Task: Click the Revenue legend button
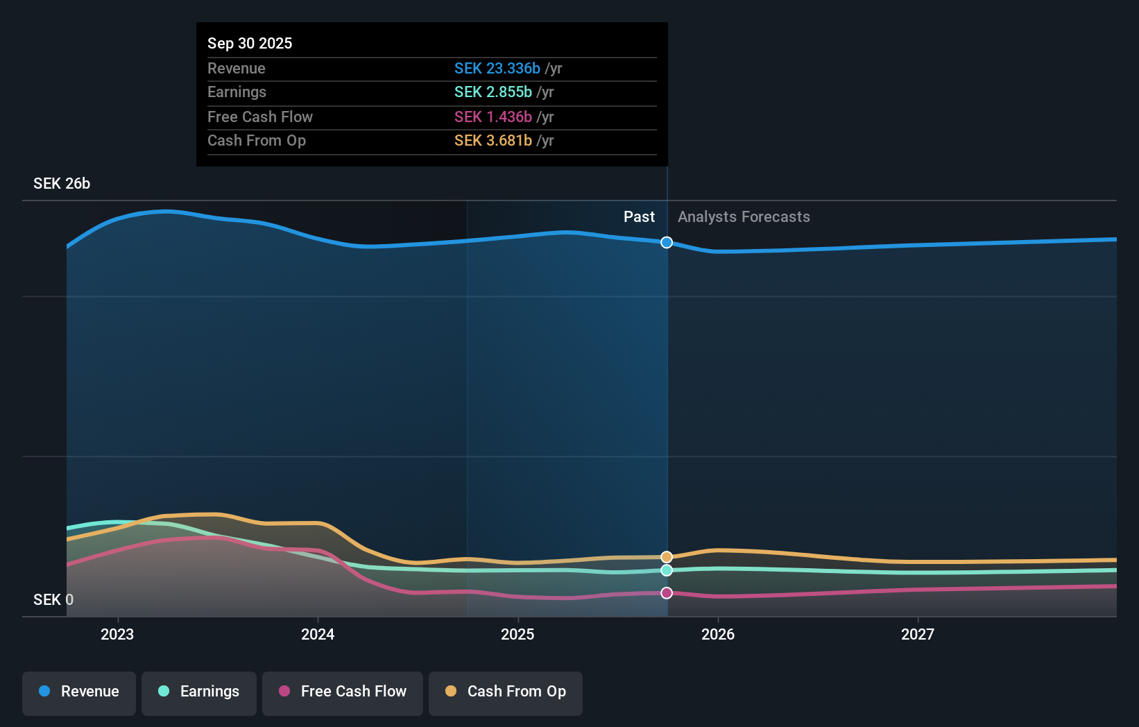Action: (79, 692)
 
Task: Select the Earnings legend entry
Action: (199, 692)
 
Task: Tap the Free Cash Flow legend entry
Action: (343, 692)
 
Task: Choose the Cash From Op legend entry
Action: (506, 692)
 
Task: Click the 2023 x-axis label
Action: (117, 635)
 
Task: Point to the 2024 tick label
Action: (318, 635)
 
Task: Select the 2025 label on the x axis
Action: (517, 635)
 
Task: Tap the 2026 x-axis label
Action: (718, 635)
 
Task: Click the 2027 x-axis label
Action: (918, 635)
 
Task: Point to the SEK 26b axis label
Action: (62, 184)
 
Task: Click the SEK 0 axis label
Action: (53, 600)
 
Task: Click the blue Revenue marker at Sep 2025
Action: (667, 242)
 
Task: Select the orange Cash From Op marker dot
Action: (667, 557)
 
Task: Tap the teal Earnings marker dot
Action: (667, 570)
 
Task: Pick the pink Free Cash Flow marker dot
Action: (667, 593)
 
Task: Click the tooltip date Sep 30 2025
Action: (250, 44)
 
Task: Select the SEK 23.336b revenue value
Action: (497, 69)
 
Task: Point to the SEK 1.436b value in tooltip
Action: (493, 117)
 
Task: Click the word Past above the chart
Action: (639, 217)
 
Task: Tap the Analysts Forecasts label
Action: (744, 217)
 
